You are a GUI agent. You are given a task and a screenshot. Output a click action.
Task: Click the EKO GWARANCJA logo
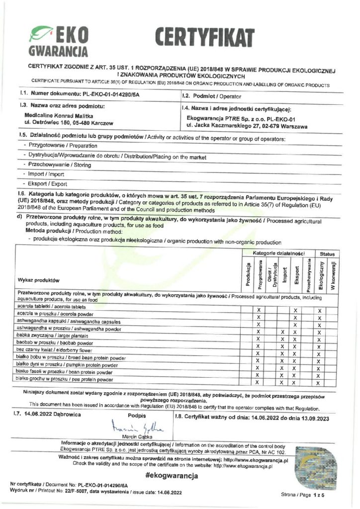pos(59,41)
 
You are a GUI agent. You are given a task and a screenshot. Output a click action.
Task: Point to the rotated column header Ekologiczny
pos(321,275)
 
